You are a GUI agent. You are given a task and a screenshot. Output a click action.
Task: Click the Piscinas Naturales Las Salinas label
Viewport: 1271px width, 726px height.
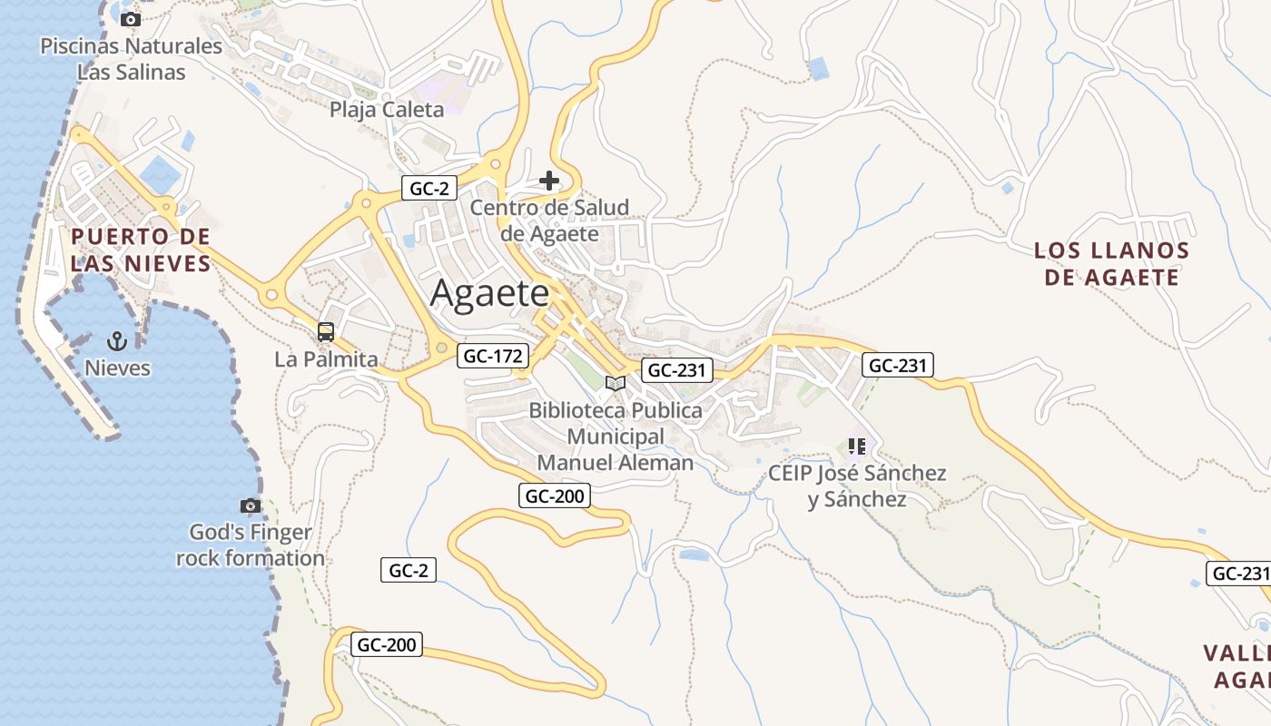(131, 59)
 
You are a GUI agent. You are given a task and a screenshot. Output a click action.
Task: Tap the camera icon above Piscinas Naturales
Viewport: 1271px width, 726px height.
(131, 19)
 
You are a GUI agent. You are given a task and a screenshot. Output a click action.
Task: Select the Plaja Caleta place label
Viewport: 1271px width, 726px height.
(387, 110)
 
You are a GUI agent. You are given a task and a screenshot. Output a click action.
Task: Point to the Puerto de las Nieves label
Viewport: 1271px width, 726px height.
(141, 250)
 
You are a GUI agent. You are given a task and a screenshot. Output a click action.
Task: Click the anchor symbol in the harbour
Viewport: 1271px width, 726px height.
(116, 341)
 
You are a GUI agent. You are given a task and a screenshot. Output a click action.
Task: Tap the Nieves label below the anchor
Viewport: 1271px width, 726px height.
(117, 368)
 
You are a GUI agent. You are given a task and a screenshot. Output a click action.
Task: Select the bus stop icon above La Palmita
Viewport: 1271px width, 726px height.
(326, 332)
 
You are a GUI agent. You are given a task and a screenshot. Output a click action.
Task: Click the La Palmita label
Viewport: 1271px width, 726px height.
(326, 359)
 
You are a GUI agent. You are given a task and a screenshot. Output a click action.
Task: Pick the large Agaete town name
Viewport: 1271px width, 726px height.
(489, 293)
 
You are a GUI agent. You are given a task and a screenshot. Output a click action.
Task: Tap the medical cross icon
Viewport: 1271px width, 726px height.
(549, 181)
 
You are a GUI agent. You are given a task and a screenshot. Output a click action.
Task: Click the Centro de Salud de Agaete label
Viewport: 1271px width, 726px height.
(549, 221)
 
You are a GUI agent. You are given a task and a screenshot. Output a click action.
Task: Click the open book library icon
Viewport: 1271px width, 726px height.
(616, 383)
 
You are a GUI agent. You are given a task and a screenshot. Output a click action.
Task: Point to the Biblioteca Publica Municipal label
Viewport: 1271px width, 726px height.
(616, 437)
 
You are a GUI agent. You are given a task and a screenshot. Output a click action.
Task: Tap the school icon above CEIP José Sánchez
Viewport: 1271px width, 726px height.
(856, 446)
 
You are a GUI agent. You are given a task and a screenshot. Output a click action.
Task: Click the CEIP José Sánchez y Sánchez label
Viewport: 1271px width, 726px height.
(857, 486)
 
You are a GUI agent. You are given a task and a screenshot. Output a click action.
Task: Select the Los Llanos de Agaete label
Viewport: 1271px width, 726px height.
(1111, 263)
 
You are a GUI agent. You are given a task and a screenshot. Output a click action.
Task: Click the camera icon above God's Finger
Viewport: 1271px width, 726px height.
(251, 505)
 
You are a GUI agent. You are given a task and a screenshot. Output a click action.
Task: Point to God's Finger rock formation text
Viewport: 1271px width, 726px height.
(251, 545)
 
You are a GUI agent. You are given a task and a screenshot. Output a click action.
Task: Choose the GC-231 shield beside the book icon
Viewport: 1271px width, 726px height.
(677, 370)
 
